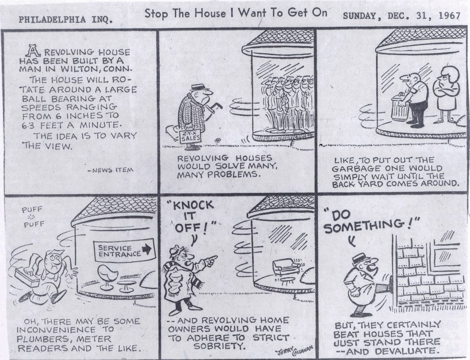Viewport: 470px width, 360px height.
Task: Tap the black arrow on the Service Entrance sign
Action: [148, 250]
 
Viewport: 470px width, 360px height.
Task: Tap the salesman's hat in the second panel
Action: [197, 87]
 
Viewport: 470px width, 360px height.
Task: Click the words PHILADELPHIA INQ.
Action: [65, 20]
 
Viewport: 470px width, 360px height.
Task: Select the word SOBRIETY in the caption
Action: [219, 346]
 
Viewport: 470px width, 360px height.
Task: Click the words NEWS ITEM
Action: [111, 170]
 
